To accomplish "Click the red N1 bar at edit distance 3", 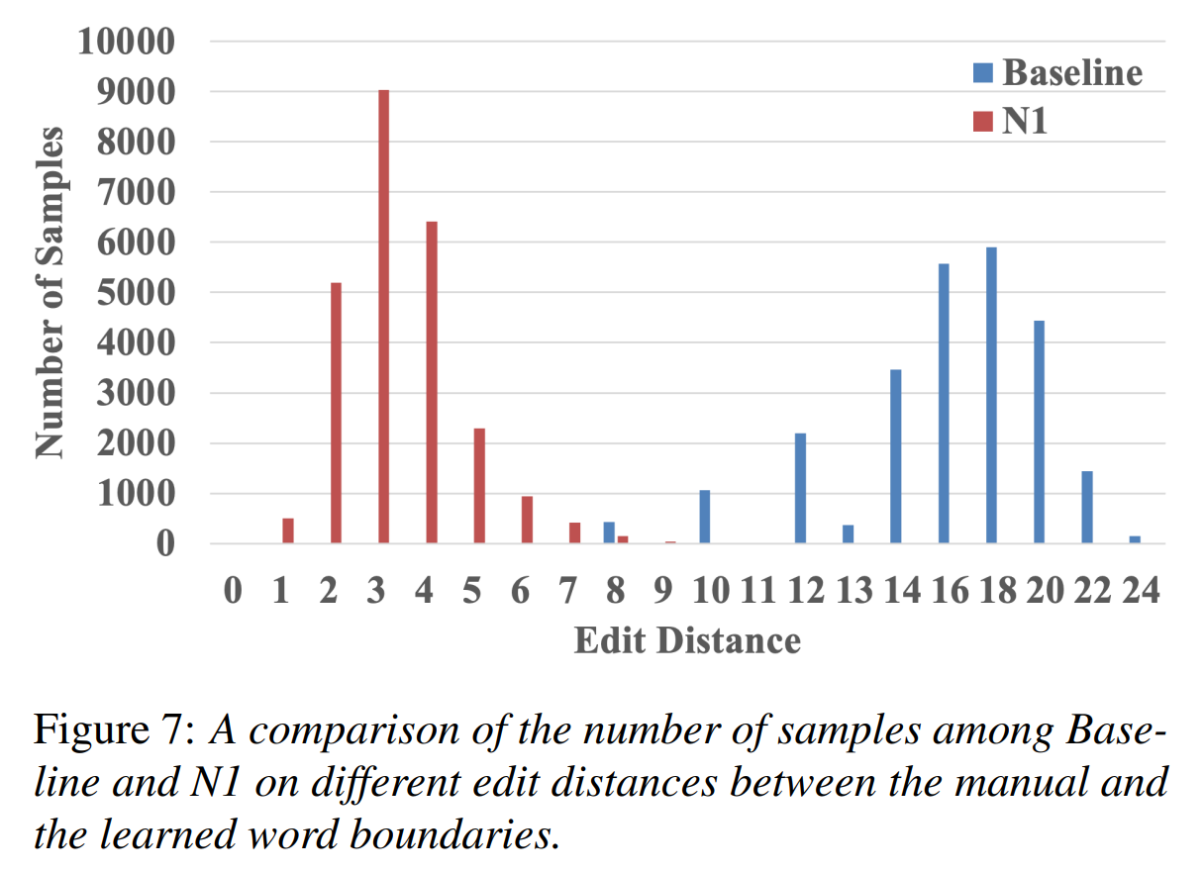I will point(383,317).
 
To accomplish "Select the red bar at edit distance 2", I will point(336,413).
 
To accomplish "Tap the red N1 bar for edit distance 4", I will point(432,382).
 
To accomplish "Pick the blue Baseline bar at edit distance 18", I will point(991,395).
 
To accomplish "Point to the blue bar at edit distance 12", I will point(800,488).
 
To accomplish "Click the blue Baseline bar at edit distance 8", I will point(609,533).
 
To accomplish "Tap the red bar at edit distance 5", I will point(479,485).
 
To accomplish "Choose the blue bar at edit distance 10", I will point(705,517).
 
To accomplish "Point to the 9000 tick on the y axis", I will point(136,92).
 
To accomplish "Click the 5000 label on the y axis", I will point(136,293).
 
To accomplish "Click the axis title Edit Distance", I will point(687,640).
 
